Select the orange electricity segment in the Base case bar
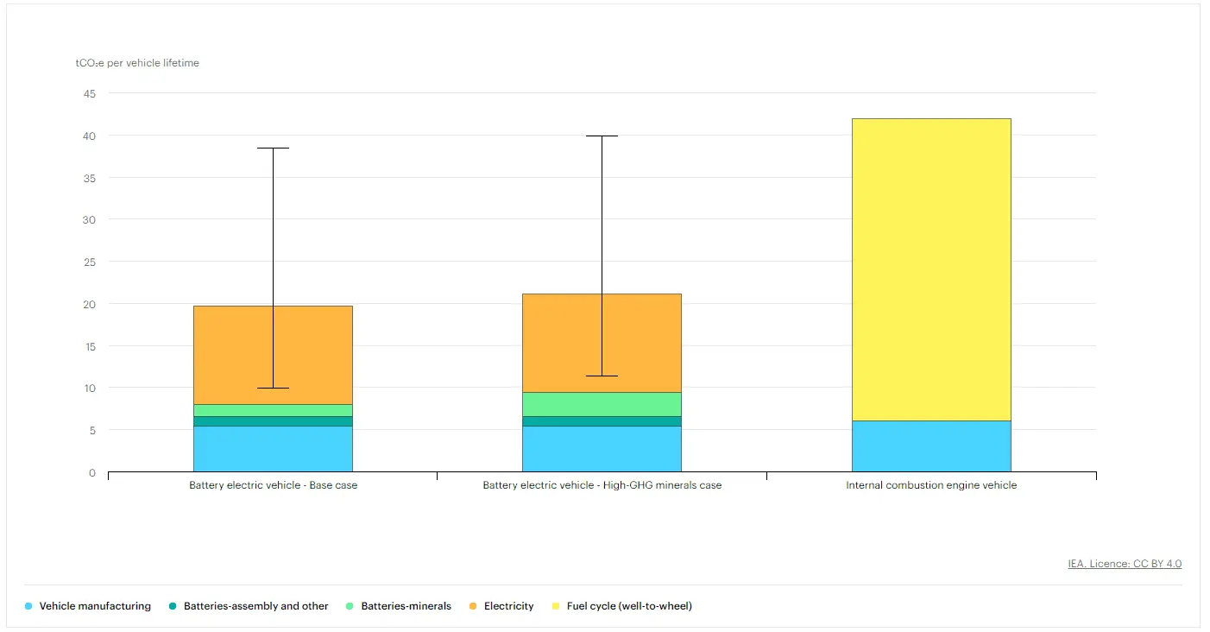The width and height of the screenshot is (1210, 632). pyautogui.click(x=233, y=355)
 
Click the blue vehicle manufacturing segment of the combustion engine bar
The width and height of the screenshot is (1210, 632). pyautogui.click(x=931, y=446)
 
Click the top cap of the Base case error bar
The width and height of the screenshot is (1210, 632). pyautogui.click(x=273, y=149)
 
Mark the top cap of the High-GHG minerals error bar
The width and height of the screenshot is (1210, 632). pyautogui.click(x=602, y=136)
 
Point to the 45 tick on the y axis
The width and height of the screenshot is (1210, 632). pyautogui.click(x=90, y=93)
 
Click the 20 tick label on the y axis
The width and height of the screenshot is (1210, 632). pyautogui.click(x=90, y=304)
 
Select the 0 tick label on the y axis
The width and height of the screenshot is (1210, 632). pyautogui.click(x=92, y=472)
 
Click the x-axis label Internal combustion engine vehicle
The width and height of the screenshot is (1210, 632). pyautogui.click(x=931, y=485)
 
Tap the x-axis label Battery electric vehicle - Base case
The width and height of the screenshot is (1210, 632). pyautogui.click(x=273, y=485)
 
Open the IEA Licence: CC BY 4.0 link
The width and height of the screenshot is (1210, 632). pyautogui.click(x=1125, y=564)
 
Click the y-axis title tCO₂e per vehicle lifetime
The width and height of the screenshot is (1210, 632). pyautogui.click(x=137, y=63)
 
